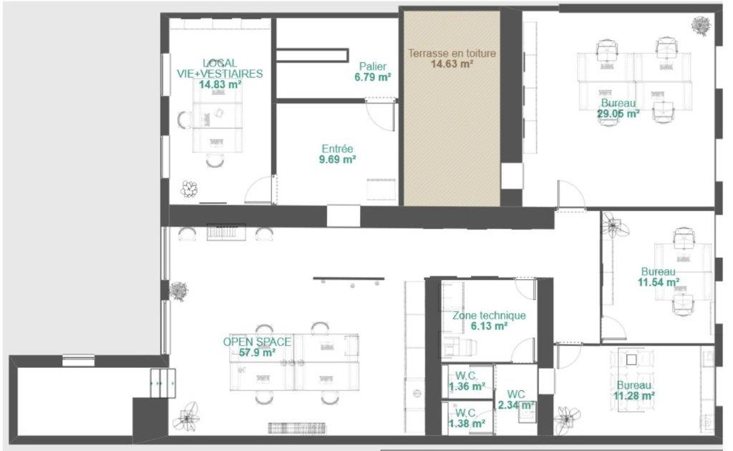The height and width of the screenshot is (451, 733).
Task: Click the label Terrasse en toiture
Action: click(452, 53)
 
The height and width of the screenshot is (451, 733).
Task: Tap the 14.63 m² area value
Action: click(452, 64)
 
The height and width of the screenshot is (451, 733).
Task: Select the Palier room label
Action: click(372, 67)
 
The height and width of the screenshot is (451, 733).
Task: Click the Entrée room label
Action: click(338, 149)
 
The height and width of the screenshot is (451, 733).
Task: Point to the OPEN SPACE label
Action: click(257, 341)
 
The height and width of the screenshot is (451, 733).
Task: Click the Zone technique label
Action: click(489, 316)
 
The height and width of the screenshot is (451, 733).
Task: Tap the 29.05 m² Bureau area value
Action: click(618, 114)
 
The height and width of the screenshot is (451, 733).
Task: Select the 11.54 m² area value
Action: click(659, 282)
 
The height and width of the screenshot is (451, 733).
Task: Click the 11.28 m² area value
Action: click(634, 396)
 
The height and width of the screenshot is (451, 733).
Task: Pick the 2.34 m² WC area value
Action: click(516, 404)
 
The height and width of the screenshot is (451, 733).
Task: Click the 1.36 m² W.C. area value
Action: click(467, 387)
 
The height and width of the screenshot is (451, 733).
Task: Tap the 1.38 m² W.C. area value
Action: click(467, 423)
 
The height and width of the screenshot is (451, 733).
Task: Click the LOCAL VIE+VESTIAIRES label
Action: click(220, 68)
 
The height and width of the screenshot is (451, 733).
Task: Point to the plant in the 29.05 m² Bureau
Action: click(702, 26)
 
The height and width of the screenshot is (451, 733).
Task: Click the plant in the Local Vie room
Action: click(189, 189)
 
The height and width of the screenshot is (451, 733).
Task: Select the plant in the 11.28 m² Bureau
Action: click(568, 420)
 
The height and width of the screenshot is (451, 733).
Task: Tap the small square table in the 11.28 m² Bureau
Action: click(631, 359)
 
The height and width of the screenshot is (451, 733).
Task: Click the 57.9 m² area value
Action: click(257, 352)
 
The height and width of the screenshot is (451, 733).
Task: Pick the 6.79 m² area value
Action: click(372, 77)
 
